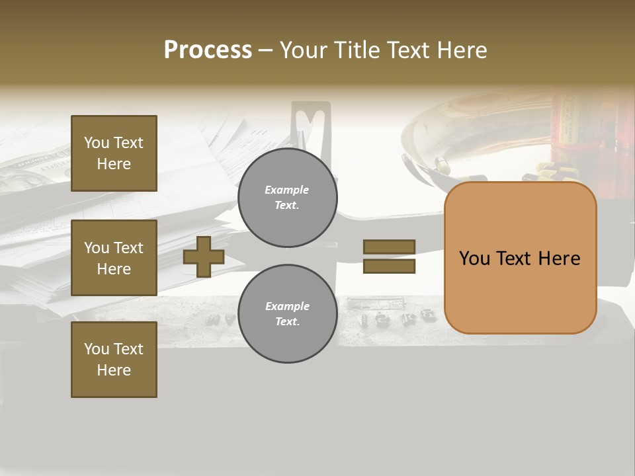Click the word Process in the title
click(208, 50)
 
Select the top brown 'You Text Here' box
click(114, 153)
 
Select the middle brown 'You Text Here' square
click(114, 258)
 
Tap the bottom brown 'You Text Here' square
click(114, 360)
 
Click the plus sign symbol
click(204, 257)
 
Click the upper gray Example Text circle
click(288, 198)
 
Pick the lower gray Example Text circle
click(288, 314)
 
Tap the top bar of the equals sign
click(390, 247)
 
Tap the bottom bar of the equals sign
click(390, 266)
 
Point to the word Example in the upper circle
click(287, 190)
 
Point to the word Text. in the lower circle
click(287, 322)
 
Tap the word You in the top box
click(96, 143)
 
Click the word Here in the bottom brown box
click(114, 370)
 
